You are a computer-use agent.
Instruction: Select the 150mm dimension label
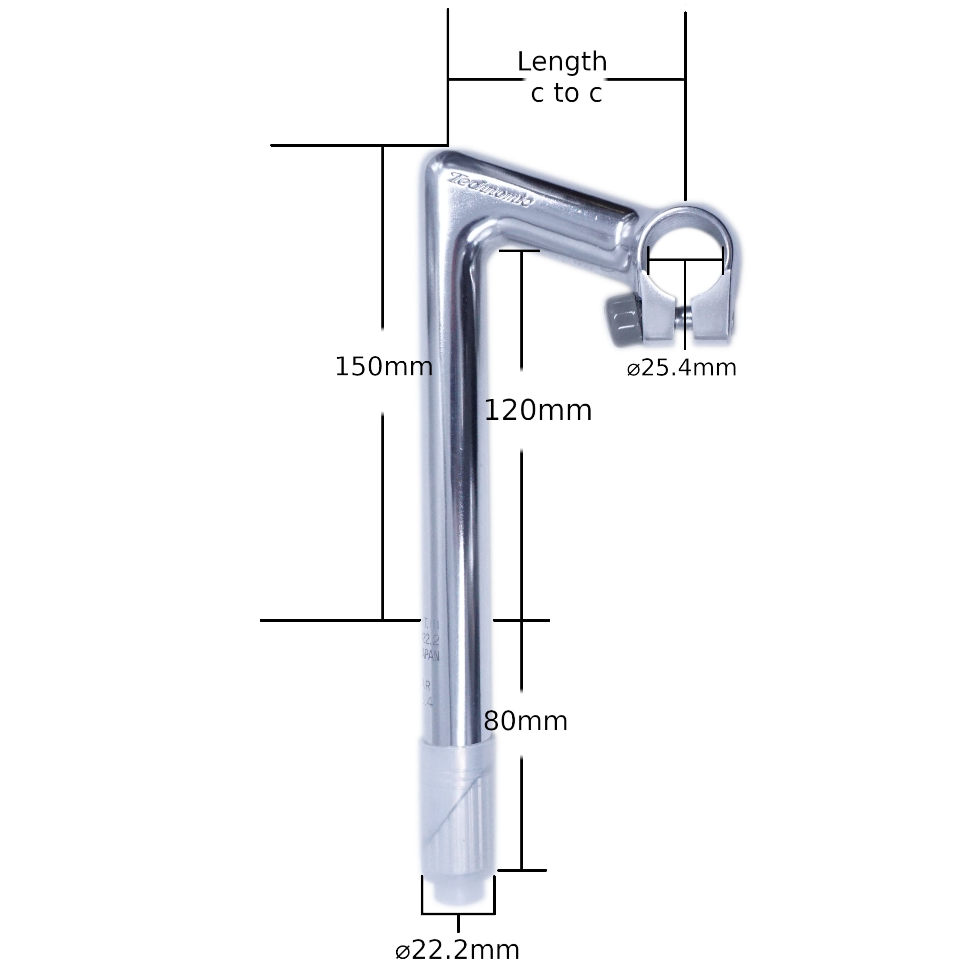(384, 367)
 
